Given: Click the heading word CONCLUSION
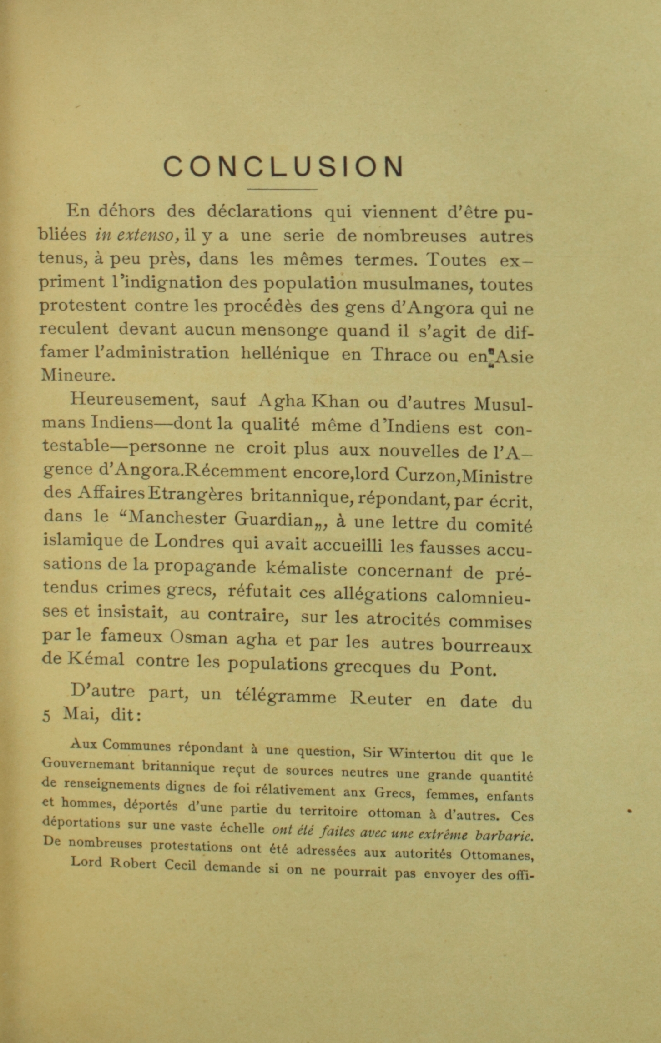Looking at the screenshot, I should (283, 167).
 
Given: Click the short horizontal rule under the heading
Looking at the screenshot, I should (282, 189).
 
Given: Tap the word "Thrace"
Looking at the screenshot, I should (400, 355).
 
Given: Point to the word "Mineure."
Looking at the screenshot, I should (76, 375).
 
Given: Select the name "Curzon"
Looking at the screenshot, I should (425, 475).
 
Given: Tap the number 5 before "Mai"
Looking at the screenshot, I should (46, 716).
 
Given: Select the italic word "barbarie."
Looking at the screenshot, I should (504, 837).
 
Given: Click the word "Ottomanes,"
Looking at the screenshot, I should (497, 855).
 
